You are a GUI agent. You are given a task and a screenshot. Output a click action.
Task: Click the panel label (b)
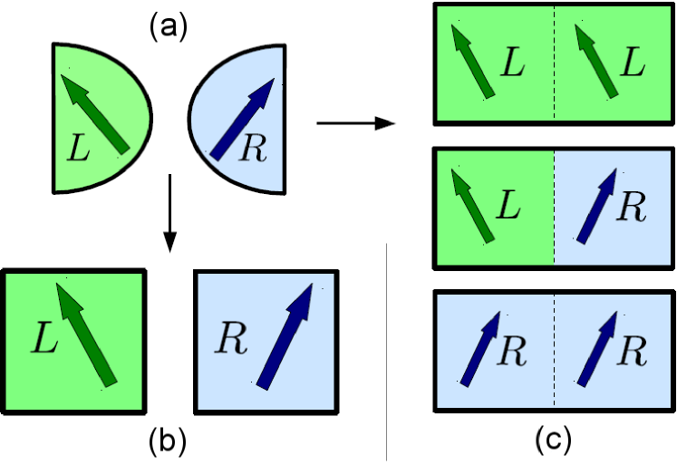point(168,441)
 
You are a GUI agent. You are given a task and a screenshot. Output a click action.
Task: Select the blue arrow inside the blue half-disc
point(242,119)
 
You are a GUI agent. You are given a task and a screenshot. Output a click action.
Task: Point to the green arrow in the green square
point(87,333)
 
